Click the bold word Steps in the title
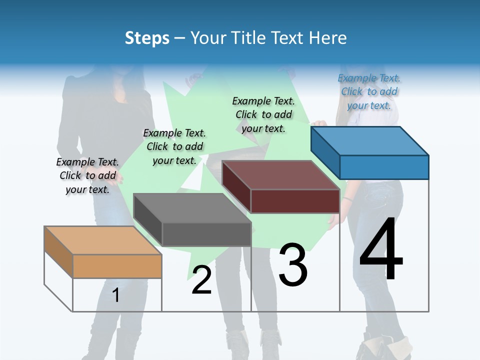147,38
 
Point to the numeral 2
201,280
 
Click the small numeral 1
116,295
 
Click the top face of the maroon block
280,175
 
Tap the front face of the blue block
384,167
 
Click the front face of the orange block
117,266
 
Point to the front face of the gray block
206,234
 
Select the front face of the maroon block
295,201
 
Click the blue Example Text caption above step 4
369,91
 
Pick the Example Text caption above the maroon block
263,114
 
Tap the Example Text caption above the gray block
174,146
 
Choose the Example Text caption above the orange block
87,175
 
